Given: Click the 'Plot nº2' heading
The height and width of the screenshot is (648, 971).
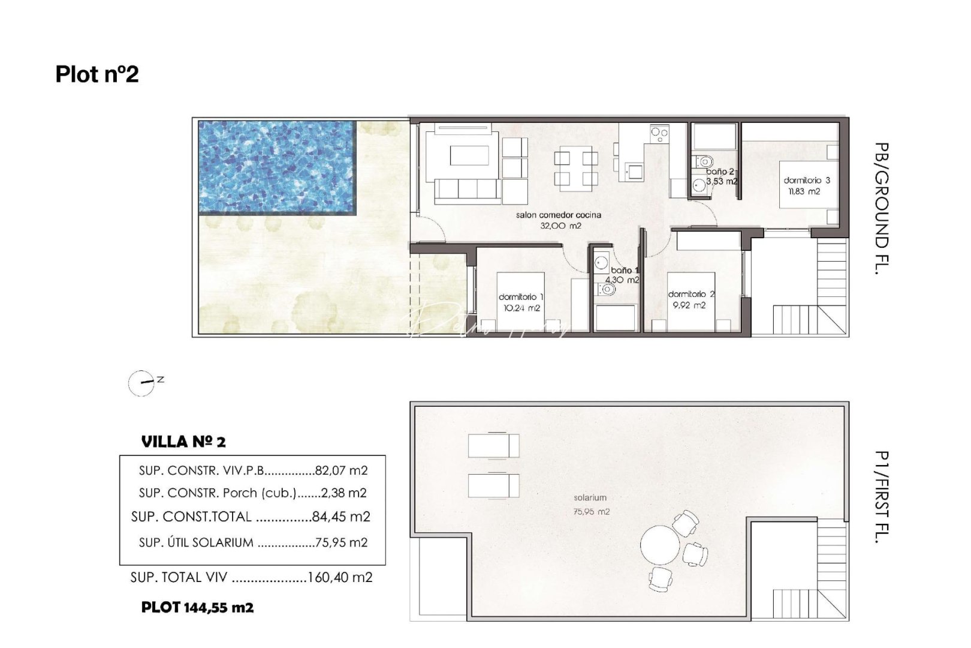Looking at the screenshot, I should [97, 74].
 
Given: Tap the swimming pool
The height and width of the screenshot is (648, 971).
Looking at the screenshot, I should [277, 167].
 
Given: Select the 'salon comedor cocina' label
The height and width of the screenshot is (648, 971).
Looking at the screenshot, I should [558, 215].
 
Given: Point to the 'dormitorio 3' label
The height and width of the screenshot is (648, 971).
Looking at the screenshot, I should [807, 180].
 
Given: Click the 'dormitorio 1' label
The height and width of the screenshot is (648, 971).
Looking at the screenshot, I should [521, 297].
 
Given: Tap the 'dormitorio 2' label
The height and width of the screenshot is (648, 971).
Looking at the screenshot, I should [691, 294].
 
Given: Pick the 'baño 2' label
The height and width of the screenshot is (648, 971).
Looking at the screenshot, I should [720, 172].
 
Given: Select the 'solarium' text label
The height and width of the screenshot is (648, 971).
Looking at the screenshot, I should [590, 497].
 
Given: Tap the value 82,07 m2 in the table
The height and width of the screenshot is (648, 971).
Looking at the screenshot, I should [341, 470].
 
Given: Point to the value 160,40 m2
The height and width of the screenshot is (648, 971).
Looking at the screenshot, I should [340, 577].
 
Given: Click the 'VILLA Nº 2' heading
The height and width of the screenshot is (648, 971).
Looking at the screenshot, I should [183, 442].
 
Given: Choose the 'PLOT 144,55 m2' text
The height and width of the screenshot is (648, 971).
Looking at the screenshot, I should [197, 607].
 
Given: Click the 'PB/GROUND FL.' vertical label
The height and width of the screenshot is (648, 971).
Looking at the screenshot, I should [880, 208].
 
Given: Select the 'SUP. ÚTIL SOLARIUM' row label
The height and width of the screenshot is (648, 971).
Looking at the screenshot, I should [196, 542].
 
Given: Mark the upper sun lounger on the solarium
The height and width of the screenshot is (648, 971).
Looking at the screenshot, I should [493, 446].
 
